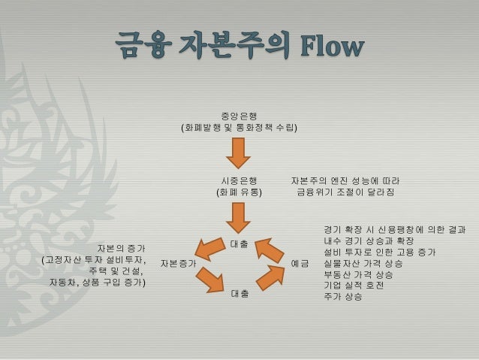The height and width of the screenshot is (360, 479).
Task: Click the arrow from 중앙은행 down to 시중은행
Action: [239, 155]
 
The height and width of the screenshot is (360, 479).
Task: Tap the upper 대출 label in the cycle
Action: [239, 244]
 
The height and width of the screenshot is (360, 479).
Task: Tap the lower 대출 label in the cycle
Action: [239, 293]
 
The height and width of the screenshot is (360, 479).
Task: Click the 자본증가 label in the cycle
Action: [178, 264]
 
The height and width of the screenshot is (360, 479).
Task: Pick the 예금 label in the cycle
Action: [300, 264]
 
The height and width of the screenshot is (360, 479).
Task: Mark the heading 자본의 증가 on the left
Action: [121, 247]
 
